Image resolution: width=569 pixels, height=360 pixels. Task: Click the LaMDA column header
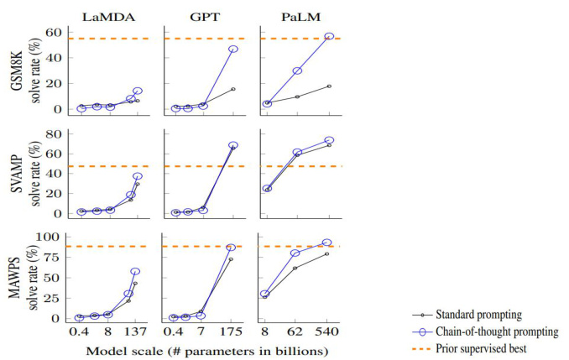107,13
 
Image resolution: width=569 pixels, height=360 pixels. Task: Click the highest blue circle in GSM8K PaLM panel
329,37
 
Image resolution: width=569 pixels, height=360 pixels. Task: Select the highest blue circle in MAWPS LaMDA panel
135,272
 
